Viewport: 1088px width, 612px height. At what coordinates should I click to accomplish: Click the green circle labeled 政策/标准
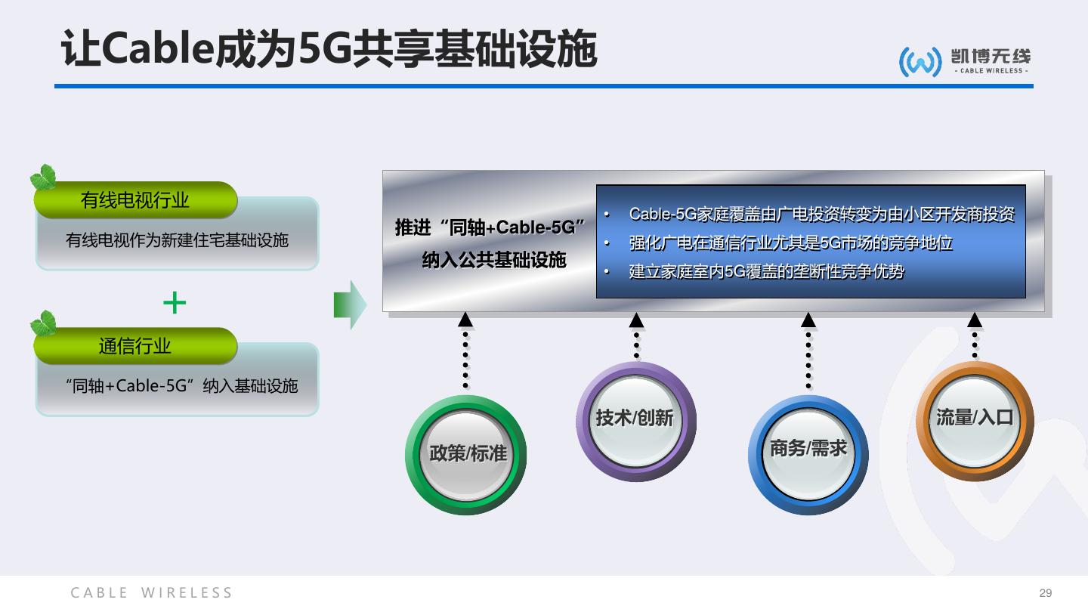tap(466, 455)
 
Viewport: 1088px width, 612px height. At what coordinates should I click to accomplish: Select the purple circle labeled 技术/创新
tap(635, 420)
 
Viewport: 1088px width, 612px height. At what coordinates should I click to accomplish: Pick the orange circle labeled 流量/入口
tap(974, 419)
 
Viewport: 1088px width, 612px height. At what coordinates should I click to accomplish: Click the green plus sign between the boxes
tap(175, 304)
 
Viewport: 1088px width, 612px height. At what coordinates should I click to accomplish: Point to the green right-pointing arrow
tap(350, 304)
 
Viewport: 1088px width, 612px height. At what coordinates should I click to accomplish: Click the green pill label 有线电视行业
tap(135, 200)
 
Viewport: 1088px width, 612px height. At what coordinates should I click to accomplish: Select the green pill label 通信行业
tap(135, 346)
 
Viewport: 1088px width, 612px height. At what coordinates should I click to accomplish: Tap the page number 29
tap(1046, 593)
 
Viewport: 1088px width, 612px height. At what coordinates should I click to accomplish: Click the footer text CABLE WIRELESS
tap(152, 593)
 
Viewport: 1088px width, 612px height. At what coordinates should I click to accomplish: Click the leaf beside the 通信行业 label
tap(43, 324)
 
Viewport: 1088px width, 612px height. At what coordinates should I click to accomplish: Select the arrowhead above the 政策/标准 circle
tap(465, 320)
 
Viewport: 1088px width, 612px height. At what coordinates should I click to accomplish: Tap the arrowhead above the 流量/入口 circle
tap(975, 320)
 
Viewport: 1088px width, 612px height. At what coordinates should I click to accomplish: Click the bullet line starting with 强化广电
tap(790, 243)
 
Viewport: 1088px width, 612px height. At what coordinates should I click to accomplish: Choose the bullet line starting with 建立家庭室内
tap(766, 271)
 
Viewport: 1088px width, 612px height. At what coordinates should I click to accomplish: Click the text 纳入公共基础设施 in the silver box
tap(493, 261)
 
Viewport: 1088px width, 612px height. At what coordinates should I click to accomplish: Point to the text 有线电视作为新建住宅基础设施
tap(177, 240)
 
